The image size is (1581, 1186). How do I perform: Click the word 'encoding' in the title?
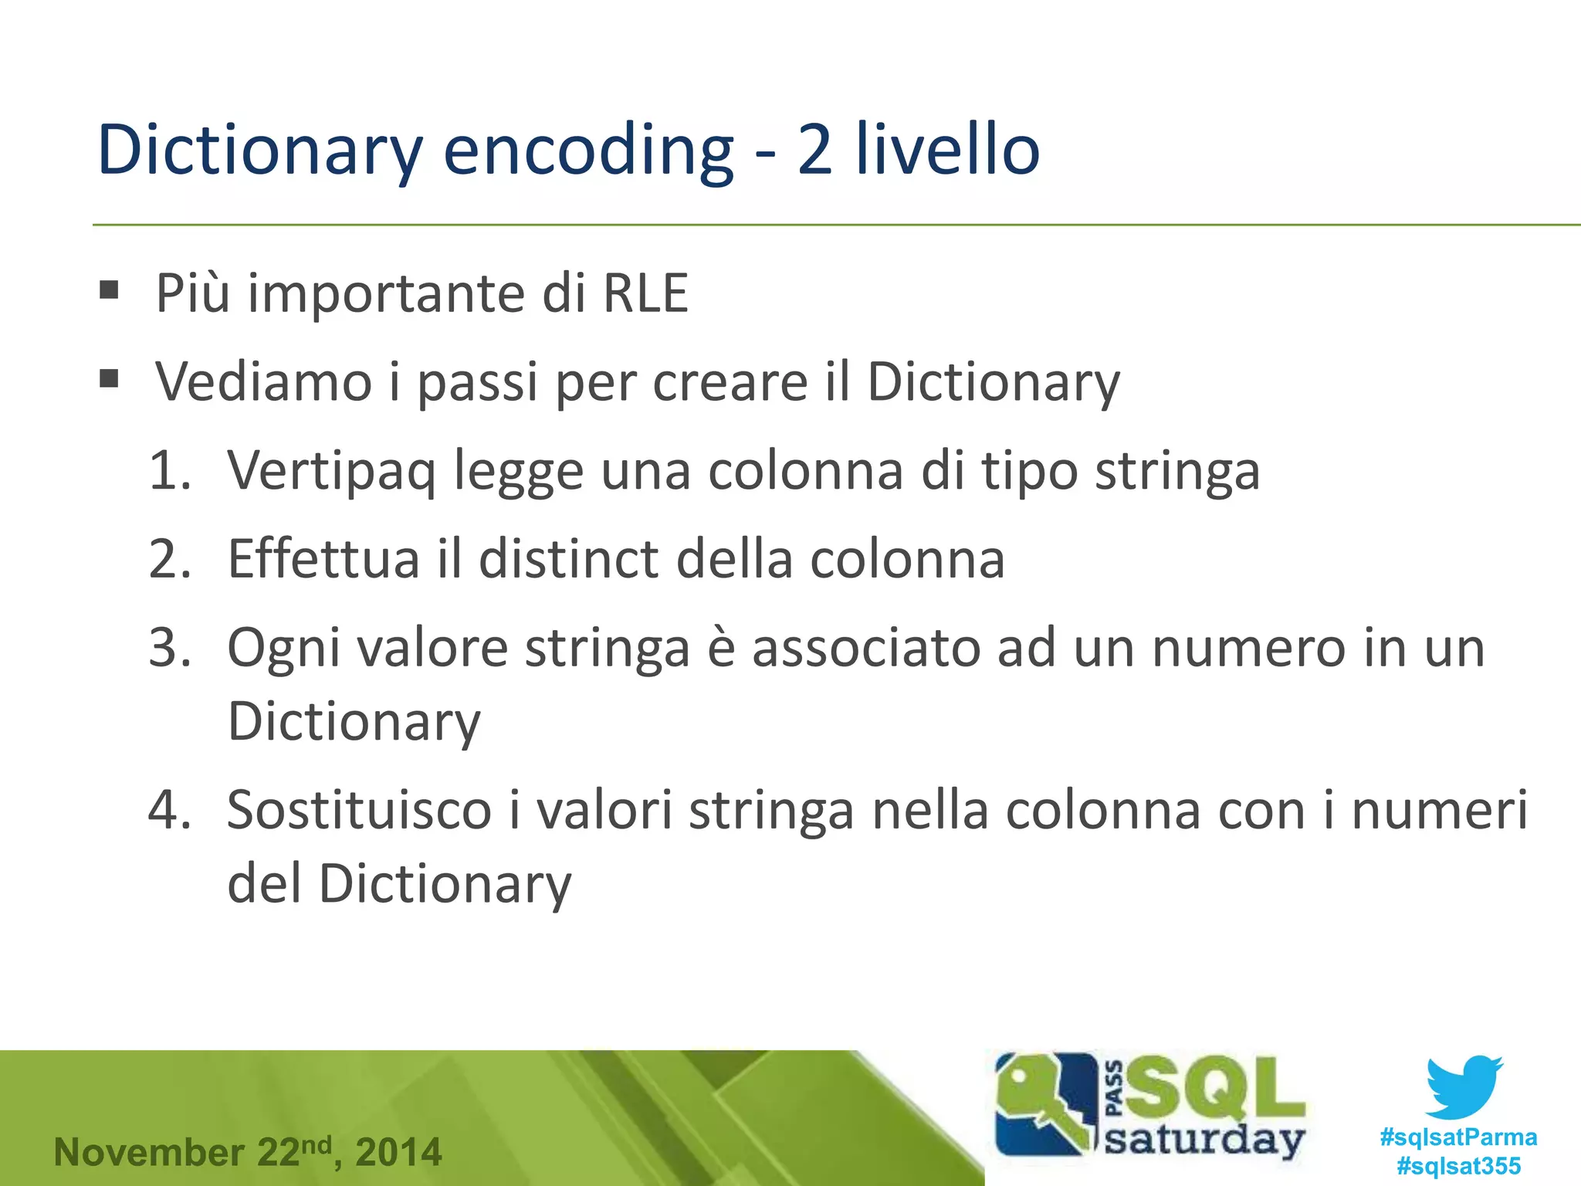[x=587, y=151]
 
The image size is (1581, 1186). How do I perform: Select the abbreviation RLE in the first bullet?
[x=645, y=293]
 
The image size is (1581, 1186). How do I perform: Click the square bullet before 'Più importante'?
[x=110, y=290]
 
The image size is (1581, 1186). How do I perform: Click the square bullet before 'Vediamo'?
[x=110, y=378]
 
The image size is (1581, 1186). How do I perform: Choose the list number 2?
[x=170, y=559]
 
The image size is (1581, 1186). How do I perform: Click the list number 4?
[x=170, y=811]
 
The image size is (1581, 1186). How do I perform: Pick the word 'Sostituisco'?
[x=359, y=811]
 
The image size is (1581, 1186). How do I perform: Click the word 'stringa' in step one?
[x=1177, y=471]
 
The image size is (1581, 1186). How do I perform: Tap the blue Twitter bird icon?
[x=1464, y=1087]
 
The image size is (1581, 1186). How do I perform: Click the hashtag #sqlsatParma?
[x=1458, y=1137]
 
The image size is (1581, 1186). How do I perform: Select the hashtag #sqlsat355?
[x=1458, y=1166]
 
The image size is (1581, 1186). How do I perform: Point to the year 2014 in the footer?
[x=398, y=1153]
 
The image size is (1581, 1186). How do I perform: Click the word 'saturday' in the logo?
[x=1204, y=1140]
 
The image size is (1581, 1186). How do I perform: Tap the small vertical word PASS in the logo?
[x=1115, y=1089]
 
